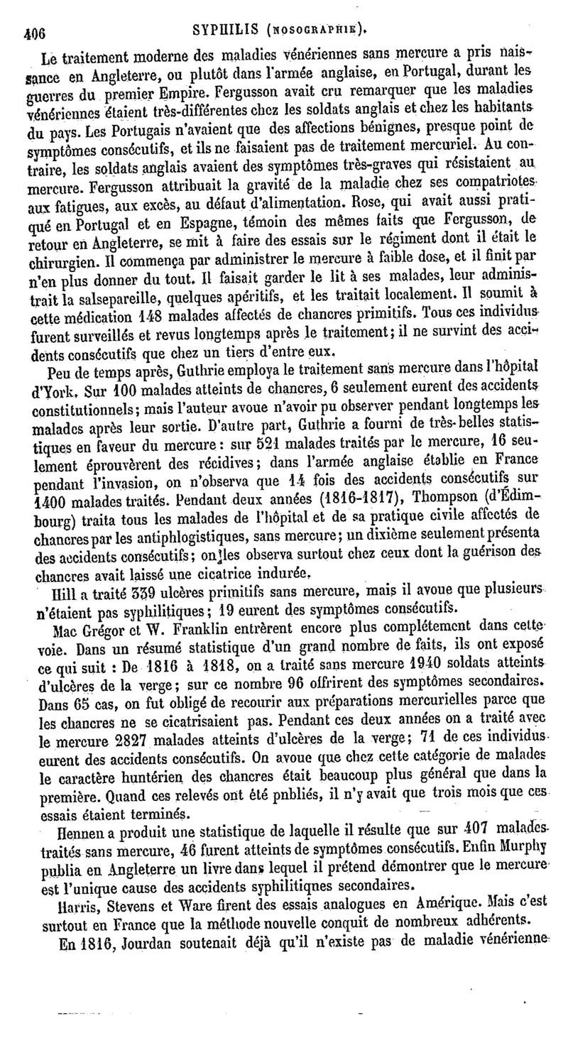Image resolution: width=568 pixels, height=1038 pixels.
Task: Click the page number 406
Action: click(x=34, y=32)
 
